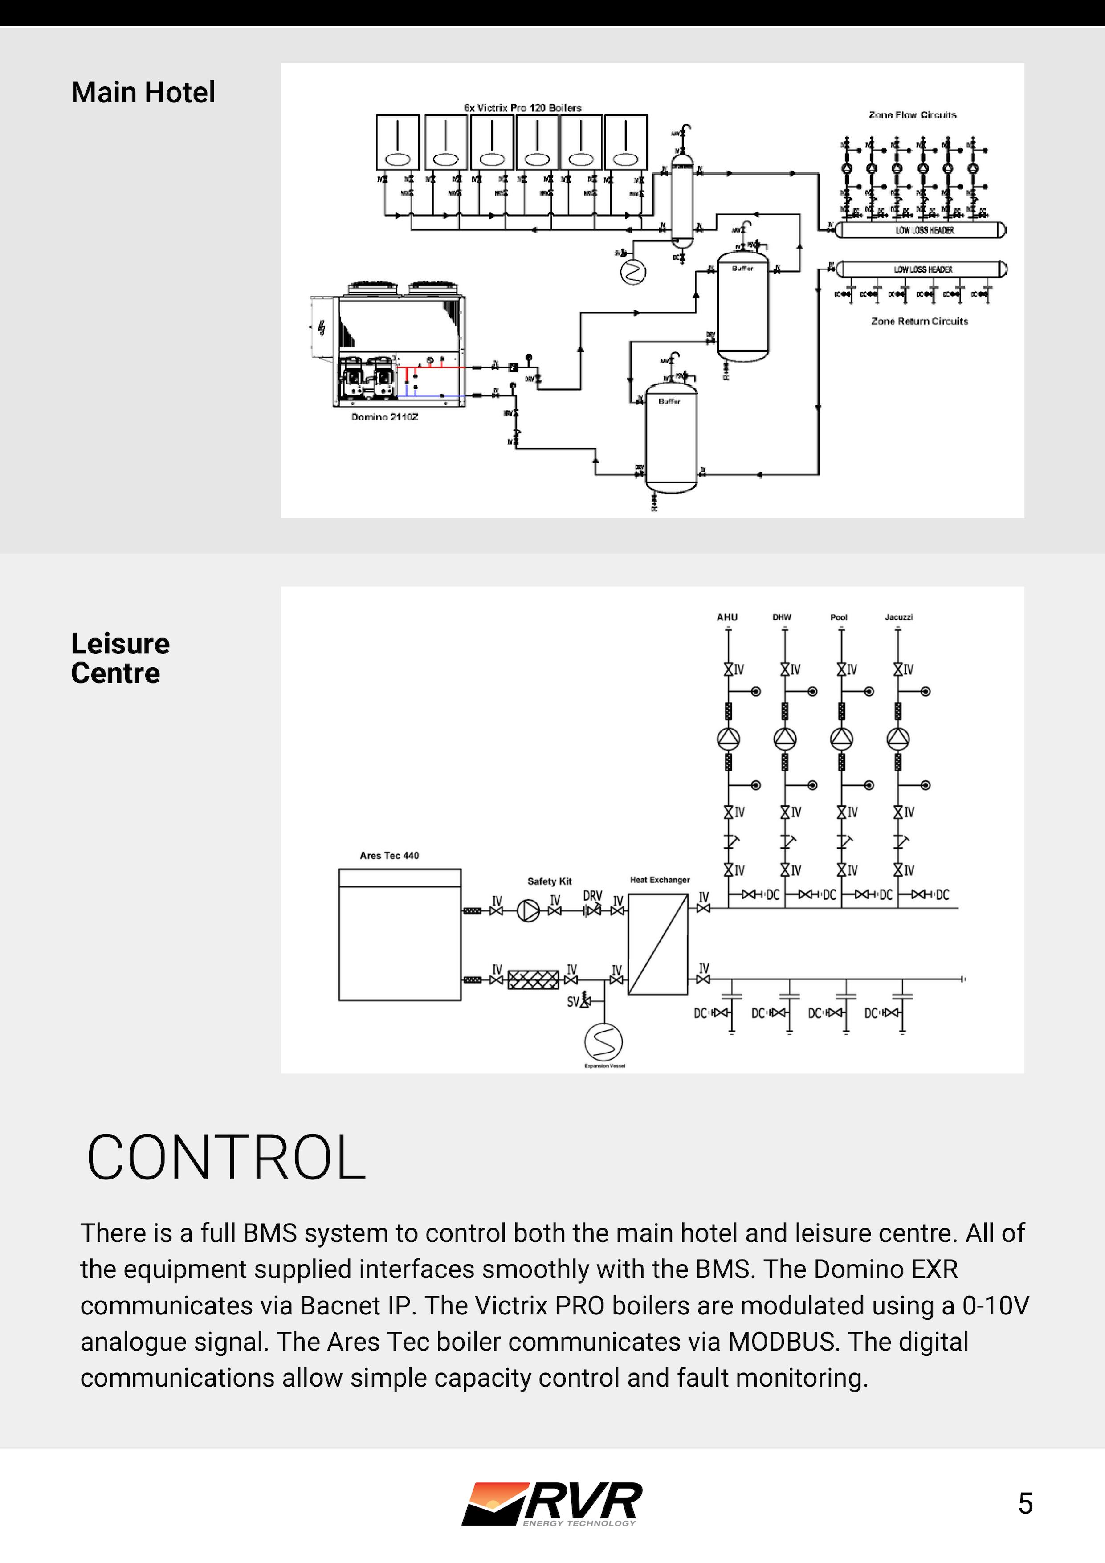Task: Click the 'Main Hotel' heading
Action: (143, 93)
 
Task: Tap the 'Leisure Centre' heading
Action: (120, 658)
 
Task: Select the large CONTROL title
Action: (226, 1158)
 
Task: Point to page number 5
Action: (1025, 1504)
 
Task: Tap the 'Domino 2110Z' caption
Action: (385, 416)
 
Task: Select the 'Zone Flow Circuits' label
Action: (912, 115)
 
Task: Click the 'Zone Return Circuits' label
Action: (919, 321)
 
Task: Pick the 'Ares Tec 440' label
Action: (389, 856)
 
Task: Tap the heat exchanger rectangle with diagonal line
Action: (658, 944)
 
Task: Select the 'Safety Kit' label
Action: (550, 881)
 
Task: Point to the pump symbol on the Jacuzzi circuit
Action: (898, 739)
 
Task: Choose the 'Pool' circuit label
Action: (839, 617)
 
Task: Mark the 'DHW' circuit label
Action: (782, 617)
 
